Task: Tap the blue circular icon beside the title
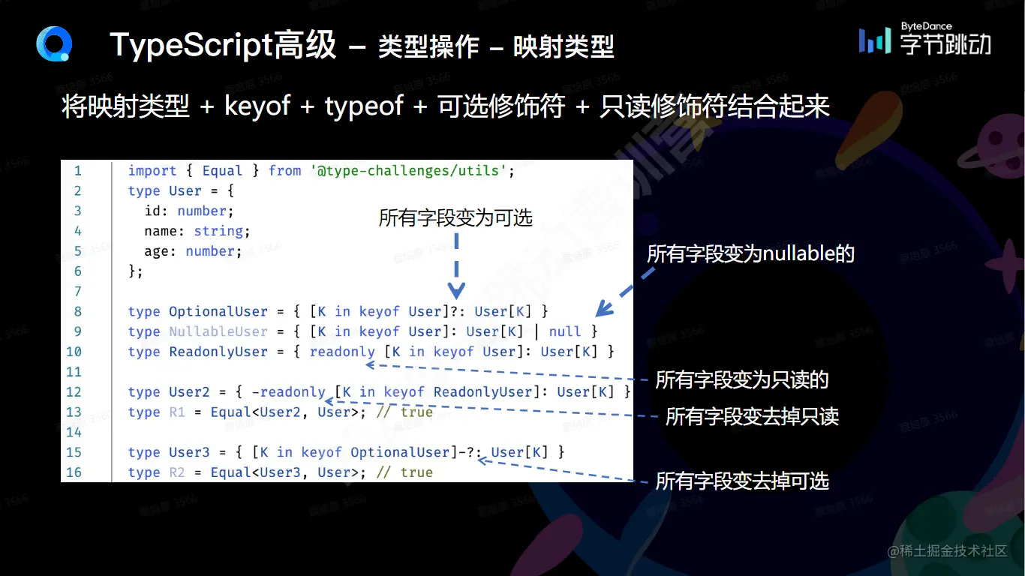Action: (x=54, y=44)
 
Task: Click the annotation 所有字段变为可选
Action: (x=455, y=217)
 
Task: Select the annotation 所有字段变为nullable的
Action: (x=750, y=253)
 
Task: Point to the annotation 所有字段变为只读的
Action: (x=742, y=379)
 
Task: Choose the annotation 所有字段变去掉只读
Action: (x=752, y=416)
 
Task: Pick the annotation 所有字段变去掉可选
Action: (x=742, y=481)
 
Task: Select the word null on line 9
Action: (x=564, y=331)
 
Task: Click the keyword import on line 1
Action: (x=152, y=171)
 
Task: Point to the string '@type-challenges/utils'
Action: (x=409, y=171)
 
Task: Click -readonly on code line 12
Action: (x=289, y=392)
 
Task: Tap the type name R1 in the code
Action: (x=176, y=412)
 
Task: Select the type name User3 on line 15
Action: (x=189, y=452)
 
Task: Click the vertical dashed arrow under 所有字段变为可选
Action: (x=456, y=266)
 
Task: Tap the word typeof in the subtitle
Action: (x=364, y=106)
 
